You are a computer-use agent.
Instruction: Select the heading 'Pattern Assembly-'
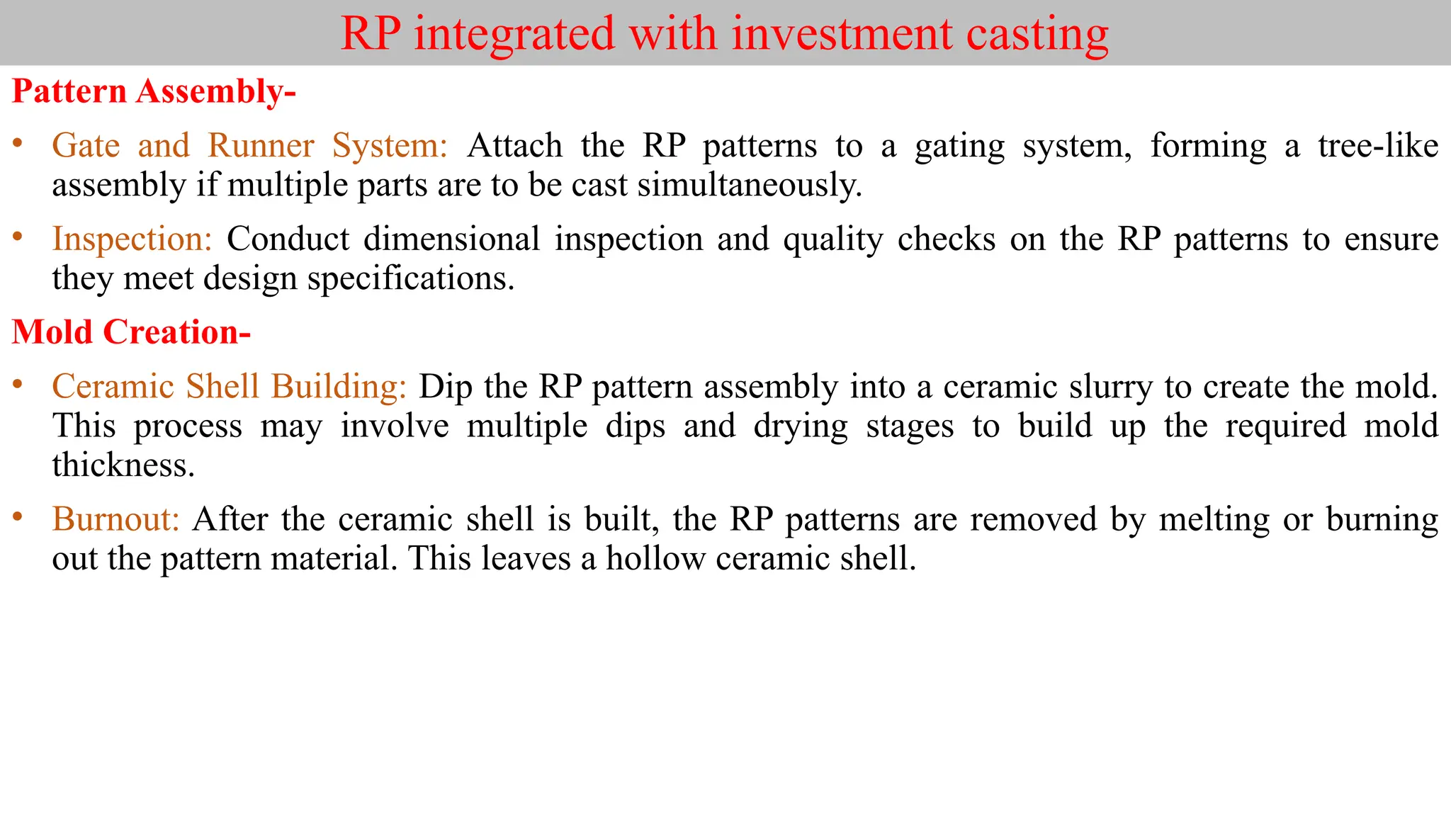pos(153,92)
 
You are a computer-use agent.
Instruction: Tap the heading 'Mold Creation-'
pos(131,332)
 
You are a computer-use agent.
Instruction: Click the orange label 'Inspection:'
pos(132,239)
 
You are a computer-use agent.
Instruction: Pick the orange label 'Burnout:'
pos(115,519)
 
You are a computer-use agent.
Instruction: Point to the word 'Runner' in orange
pos(261,146)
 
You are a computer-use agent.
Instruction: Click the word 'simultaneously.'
pos(750,185)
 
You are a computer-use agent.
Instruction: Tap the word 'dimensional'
pos(451,239)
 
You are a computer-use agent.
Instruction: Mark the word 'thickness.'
pos(123,465)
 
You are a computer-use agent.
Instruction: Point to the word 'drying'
pos(801,426)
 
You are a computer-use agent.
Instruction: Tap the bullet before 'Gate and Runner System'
pos(18,144)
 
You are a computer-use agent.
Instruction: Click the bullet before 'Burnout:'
pos(18,517)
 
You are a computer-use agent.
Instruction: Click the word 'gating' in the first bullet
pos(959,146)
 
